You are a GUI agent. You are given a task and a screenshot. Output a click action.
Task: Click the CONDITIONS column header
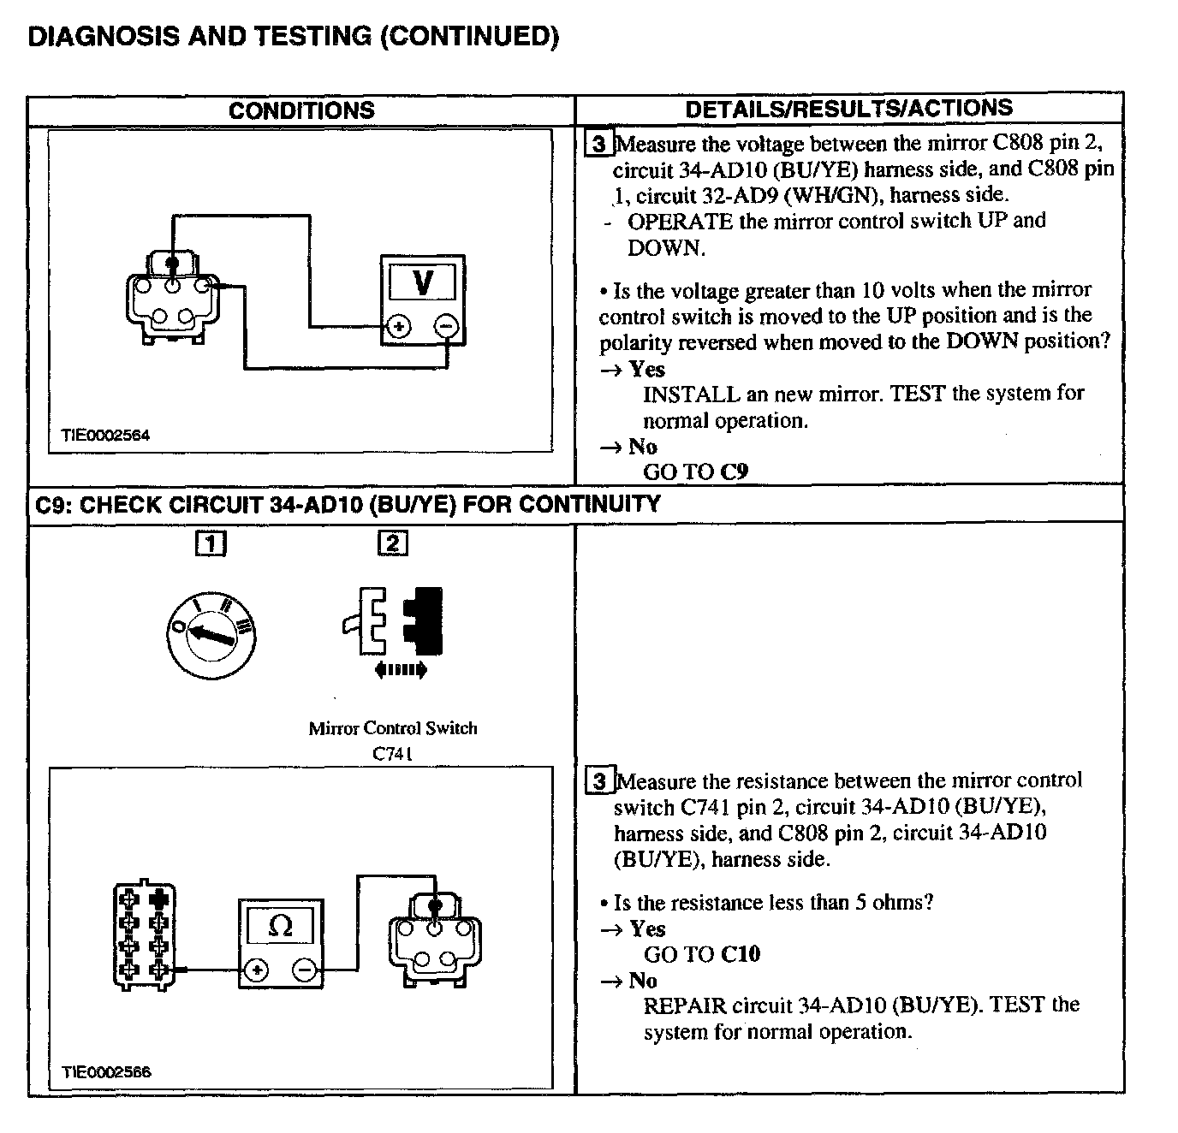point(301,110)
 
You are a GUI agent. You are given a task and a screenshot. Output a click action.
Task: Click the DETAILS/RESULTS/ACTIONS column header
point(848,109)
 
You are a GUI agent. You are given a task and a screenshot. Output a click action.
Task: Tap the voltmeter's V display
point(423,282)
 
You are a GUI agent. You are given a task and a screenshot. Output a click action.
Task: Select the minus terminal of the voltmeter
point(446,327)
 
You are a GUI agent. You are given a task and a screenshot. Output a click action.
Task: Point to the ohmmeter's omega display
point(280,926)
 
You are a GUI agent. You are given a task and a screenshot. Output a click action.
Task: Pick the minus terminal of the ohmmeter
point(305,970)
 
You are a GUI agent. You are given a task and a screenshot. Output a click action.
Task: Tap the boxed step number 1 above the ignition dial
point(211,543)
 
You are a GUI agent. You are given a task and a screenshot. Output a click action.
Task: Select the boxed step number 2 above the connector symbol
point(393,543)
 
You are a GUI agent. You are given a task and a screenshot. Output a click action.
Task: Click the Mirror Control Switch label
point(393,728)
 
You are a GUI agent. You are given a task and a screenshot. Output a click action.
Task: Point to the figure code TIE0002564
point(105,435)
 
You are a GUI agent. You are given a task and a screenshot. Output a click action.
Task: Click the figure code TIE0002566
point(106,1072)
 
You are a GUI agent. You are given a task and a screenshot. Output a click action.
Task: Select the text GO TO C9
point(695,472)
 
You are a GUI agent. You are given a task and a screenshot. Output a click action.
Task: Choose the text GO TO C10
point(701,954)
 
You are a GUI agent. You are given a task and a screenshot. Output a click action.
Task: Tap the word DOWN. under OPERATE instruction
point(666,248)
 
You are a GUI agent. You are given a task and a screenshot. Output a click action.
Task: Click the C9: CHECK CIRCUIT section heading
point(348,504)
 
